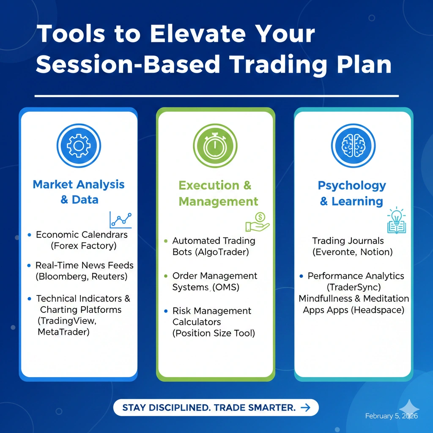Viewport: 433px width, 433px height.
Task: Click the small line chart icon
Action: (121, 220)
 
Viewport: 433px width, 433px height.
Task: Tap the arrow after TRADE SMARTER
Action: (305, 408)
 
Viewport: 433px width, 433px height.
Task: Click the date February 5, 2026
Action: (392, 416)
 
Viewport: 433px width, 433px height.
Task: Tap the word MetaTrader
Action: (63, 332)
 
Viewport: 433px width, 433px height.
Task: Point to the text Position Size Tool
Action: (214, 333)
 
